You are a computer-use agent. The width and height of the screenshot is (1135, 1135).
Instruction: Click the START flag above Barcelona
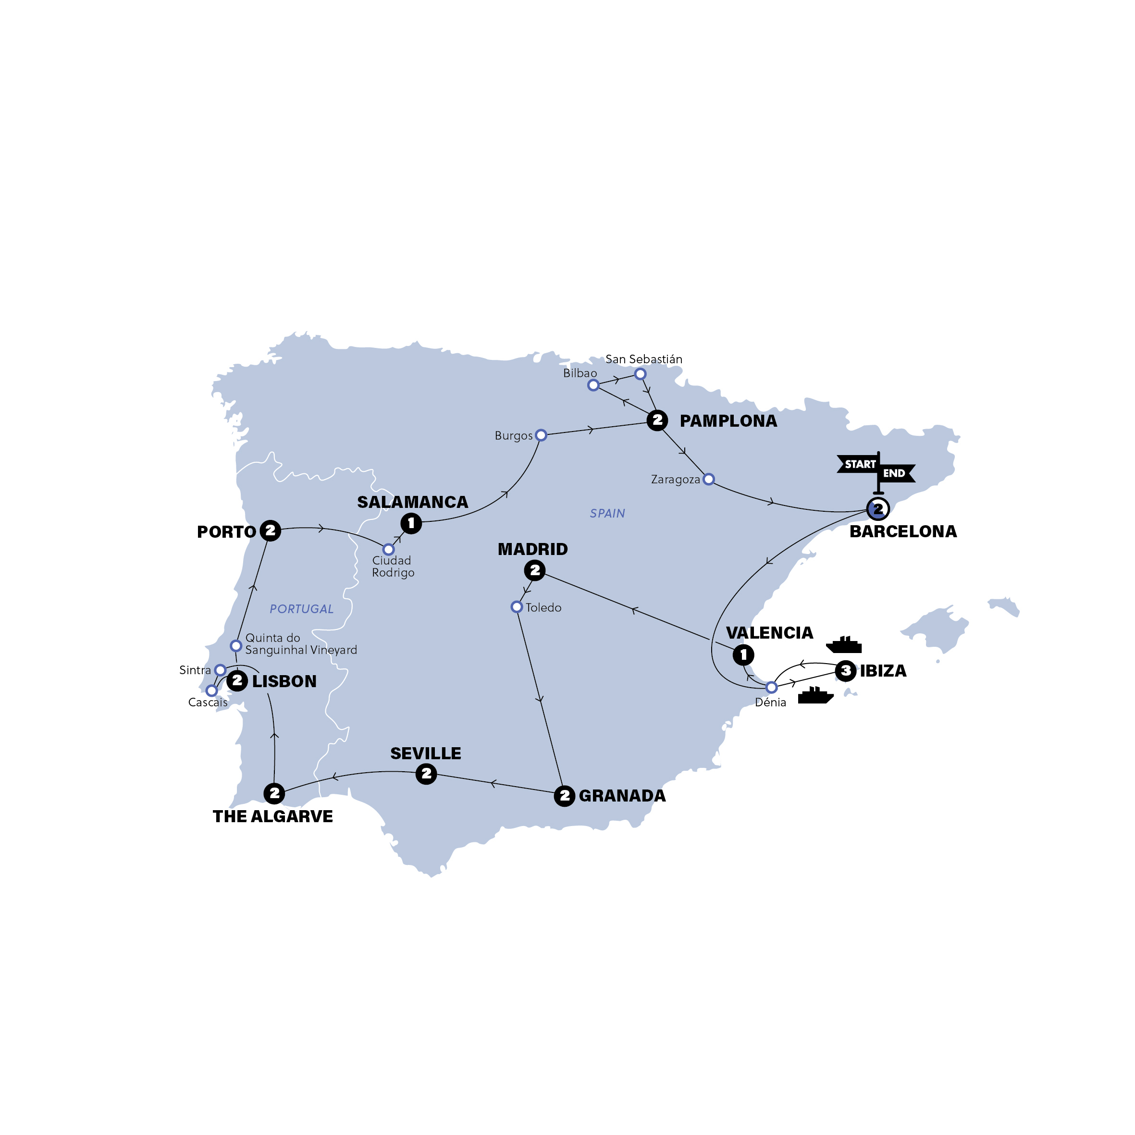858,464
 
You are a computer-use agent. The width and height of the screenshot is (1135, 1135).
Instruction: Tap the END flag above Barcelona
895,473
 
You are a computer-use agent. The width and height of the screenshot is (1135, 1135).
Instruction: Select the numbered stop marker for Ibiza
845,670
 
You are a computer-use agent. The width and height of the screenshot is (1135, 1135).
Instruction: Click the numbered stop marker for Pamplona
657,420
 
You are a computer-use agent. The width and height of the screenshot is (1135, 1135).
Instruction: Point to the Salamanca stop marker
411,523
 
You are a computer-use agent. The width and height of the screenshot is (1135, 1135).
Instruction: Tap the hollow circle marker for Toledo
517,607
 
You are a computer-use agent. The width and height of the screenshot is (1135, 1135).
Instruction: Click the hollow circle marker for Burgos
541,435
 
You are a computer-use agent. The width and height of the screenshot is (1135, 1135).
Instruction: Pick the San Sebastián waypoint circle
641,374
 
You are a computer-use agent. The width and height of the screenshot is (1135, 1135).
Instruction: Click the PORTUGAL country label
301,609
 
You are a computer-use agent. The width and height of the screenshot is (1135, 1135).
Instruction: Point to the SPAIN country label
607,514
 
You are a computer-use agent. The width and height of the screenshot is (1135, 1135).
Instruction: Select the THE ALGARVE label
272,816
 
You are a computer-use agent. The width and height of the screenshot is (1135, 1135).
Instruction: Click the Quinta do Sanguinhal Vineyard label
300,644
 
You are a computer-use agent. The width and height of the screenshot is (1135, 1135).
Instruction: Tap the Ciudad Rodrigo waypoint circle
388,549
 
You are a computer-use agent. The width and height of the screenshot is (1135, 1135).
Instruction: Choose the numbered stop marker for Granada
564,796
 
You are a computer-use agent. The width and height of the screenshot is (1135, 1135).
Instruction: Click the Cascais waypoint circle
211,691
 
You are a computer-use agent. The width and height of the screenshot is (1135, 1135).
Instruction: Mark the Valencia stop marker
743,654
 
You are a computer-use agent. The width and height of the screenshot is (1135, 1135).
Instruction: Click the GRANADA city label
622,796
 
